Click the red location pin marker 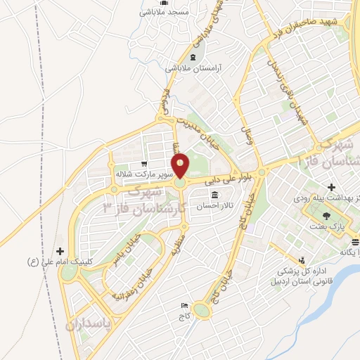coord(181,167)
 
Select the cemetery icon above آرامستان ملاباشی coord(193,56)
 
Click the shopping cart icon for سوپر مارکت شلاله coord(145,161)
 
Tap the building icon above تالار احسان coord(214,194)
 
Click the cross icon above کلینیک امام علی coord(60,251)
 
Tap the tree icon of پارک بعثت coord(326,217)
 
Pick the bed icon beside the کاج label coord(184,305)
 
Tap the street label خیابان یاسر coord(124,250)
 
